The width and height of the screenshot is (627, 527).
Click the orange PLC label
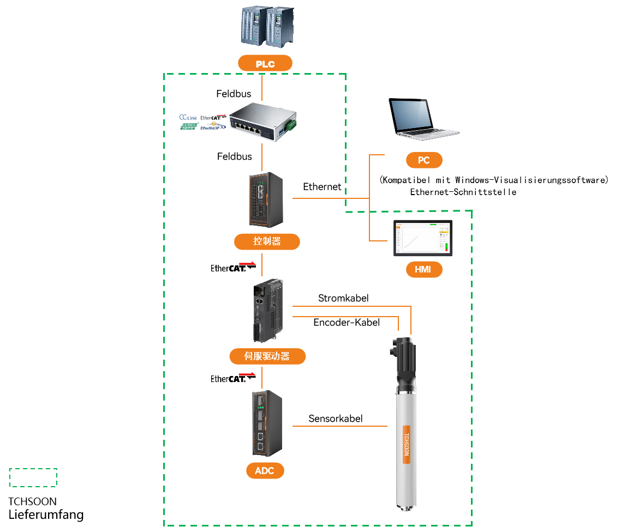click(x=265, y=64)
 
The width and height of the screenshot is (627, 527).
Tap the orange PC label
click(x=423, y=160)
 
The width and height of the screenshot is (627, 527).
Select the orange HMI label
click(x=423, y=269)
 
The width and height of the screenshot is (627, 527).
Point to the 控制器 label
click(x=267, y=241)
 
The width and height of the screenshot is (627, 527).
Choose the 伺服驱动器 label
click(x=267, y=356)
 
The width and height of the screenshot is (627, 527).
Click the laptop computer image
click(x=423, y=117)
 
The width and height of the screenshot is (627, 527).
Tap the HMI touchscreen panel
click(x=423, y=238)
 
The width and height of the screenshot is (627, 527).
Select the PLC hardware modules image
click(x=267, y=26)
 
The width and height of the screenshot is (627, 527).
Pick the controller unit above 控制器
click(x=266, y=199)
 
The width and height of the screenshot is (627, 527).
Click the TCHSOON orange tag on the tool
click(x=406, y=444)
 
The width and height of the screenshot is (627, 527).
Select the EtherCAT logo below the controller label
click(x=232, y=266)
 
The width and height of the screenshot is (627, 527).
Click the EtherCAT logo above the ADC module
click(x=233, y=378)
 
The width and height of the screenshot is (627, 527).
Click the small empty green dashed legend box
click(x=33, y=477)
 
